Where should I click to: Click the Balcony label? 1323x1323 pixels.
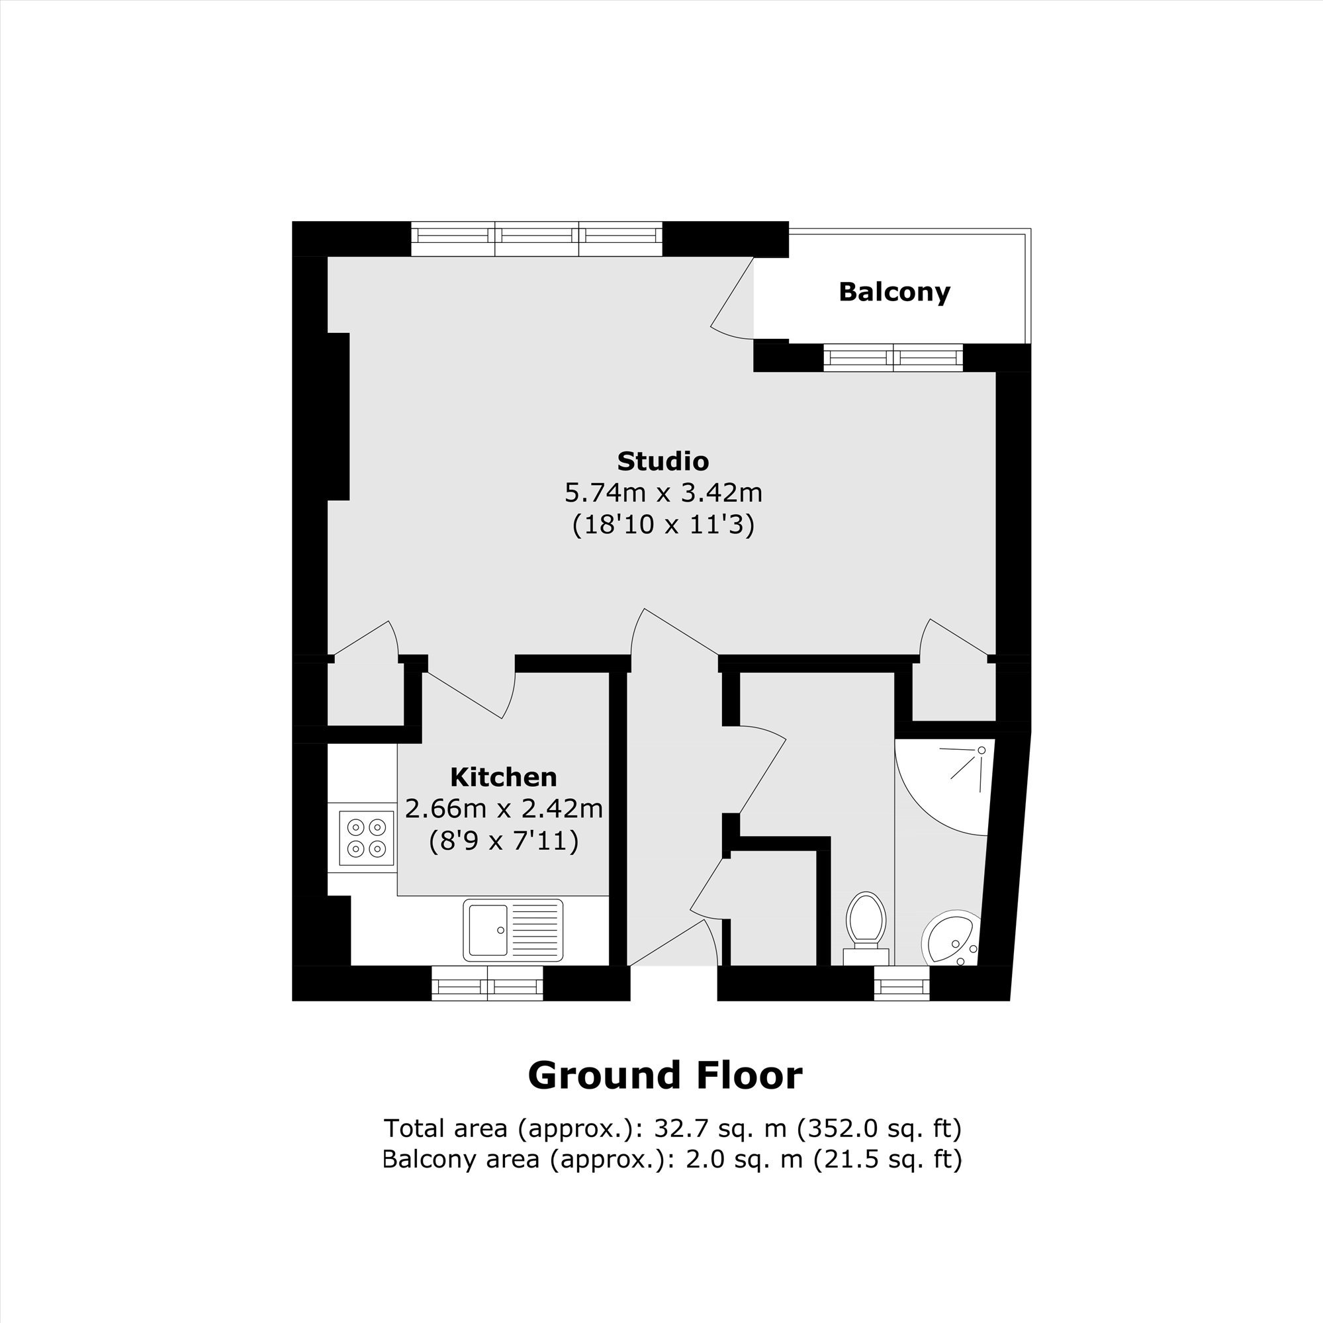[894, 293]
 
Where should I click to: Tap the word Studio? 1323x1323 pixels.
[663, 461]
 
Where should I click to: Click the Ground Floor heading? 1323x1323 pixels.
[665, 1075]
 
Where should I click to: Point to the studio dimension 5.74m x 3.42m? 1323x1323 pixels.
[663, 492]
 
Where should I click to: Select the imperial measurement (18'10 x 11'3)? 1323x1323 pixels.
[663, 525]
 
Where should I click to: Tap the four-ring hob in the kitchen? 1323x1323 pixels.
[367, 838]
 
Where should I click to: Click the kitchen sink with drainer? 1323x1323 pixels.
[513, 930]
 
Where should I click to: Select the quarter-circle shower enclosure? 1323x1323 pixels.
[944, 787]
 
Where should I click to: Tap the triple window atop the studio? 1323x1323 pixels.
[537, 238]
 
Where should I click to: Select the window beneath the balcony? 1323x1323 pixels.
[893, 357]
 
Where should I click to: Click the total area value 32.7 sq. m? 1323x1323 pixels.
[720, 1128]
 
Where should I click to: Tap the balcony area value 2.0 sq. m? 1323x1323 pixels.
[745, 1160]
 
